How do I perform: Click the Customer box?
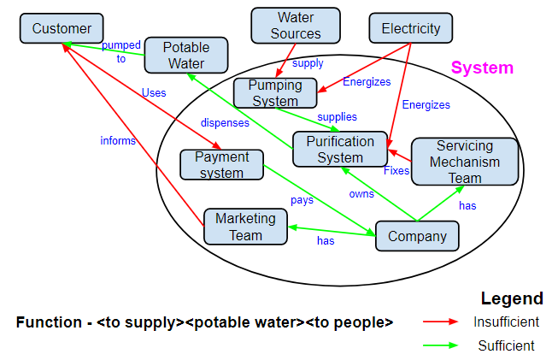click(62, 29)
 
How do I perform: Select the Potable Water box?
click(186, 55)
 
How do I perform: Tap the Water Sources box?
click(295, 26)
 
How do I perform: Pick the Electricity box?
click(410, 28)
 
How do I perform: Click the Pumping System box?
click(275, 92)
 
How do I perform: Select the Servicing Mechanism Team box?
click(466, 162)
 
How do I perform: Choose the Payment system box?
click(221, 164)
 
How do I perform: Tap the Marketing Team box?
click(245, 226)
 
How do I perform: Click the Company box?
click(417, 236)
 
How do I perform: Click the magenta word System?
click(482, 68)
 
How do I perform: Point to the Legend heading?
click(512, 298)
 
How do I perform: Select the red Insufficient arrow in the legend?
click(442, 322)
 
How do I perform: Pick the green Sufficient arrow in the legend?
click(442, 346)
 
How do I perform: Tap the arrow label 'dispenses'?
click(225, 122)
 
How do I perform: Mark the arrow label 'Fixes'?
click(396, 170)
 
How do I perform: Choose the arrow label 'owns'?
click(361, 193)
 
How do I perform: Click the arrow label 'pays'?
click(302, 200)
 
